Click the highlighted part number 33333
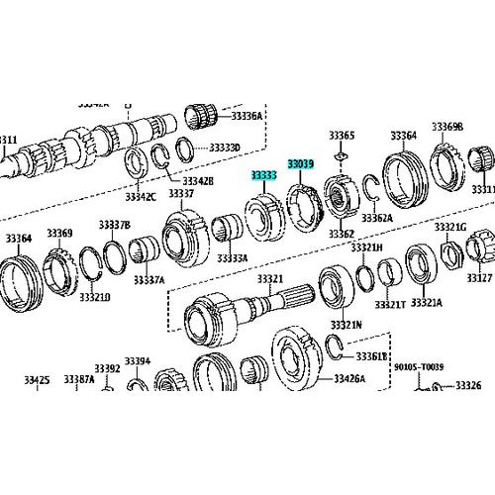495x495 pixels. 263,175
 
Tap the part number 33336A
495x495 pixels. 247,116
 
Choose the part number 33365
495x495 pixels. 342,135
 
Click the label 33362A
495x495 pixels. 376,217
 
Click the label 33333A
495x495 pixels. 234,257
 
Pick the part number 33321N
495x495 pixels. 346,324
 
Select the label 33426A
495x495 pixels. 348,378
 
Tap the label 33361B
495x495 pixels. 371,354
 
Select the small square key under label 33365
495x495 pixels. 342,154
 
